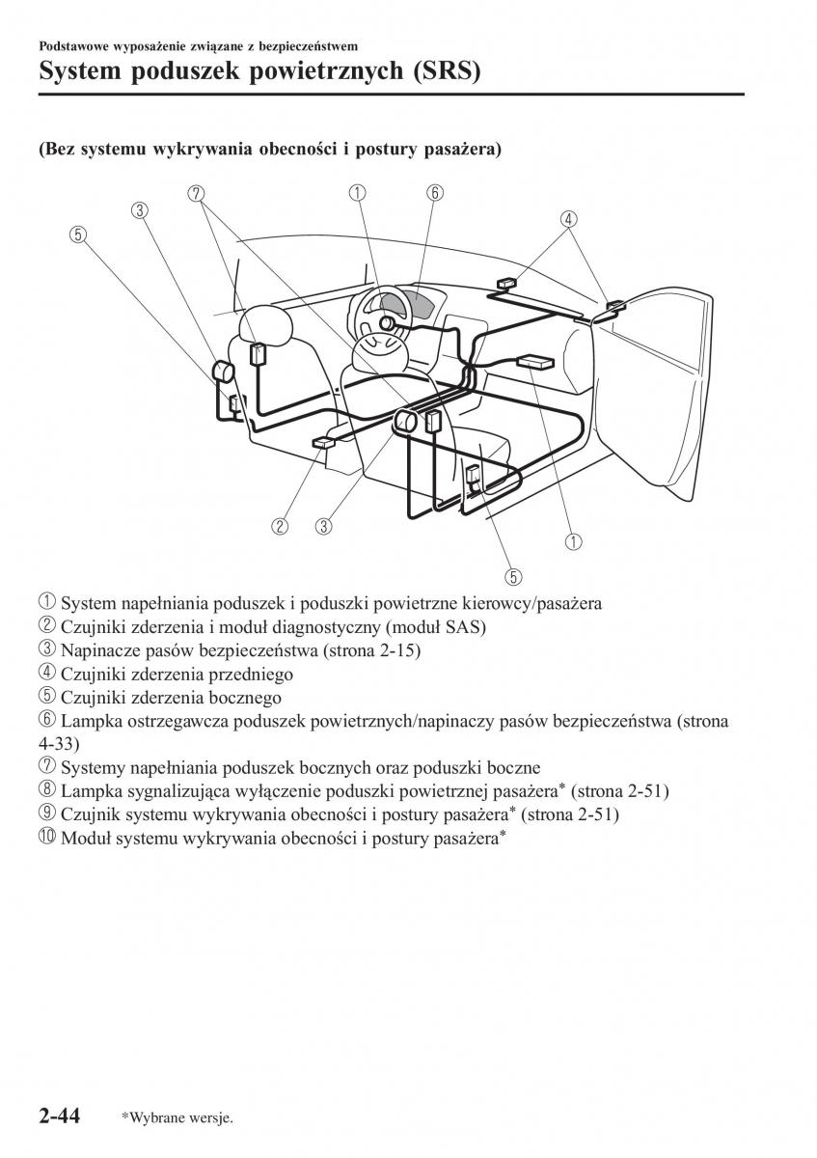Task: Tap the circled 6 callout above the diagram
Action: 435,193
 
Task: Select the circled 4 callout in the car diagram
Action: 570,219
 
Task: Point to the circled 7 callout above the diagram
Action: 197,193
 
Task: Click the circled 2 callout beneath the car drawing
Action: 280,526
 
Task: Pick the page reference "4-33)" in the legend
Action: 60,745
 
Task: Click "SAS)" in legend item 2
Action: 461,628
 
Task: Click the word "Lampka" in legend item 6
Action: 88,721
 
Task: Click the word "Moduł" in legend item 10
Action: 85,839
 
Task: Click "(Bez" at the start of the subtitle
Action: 57,151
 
